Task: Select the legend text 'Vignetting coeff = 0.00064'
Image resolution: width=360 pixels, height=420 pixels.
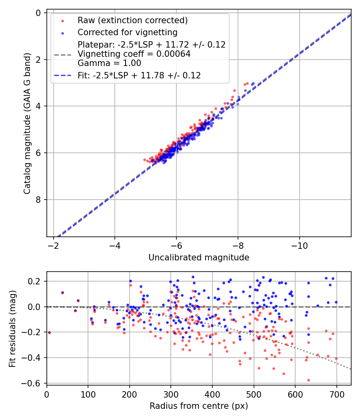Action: click(134, 54)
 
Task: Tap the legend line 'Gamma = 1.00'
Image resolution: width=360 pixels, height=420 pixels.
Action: click(109, 63)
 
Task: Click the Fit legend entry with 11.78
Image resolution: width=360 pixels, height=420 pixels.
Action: click(139, 75)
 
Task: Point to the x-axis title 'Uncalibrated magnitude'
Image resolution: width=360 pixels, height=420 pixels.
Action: click(199, 258)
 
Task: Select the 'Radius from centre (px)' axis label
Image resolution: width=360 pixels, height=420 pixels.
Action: click(199, 406)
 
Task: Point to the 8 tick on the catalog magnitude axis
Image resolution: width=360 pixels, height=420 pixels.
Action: click(39, 200)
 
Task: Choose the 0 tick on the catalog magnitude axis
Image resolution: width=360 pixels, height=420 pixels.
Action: click(39, 13)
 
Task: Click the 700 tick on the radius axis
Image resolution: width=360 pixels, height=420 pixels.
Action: click(336, 394)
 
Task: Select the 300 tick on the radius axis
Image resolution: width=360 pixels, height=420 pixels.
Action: click(171, 394)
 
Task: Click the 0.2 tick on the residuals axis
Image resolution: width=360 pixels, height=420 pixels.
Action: click(35, 282)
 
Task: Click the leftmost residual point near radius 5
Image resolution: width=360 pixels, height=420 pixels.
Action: click(49, 332)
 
